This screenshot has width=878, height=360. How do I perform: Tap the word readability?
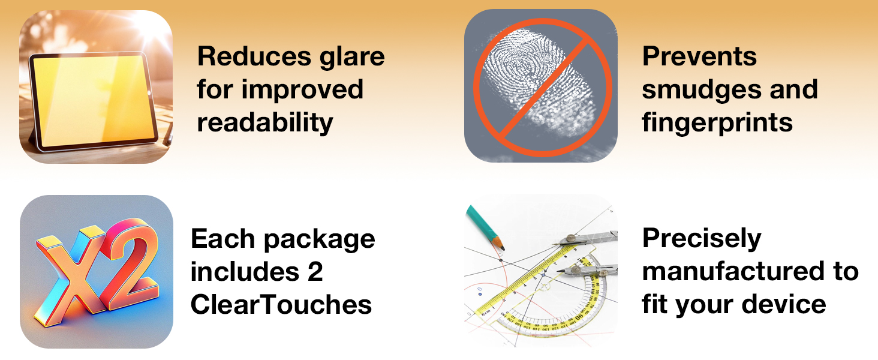pyautogui.click(x=265, y=124)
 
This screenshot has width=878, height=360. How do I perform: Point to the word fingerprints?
pyautogui.click(x=717, y=124)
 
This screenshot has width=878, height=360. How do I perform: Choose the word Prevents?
pyautogui.click(x=699, y=56)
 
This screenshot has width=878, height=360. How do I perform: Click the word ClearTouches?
pyautogui.click(x=281, y=305)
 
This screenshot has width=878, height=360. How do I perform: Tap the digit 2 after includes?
pyautogui.click(x=315, y=272)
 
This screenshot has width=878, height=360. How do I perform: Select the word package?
pyautogui.click(x=320, y=241)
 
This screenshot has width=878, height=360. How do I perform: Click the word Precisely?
pyautogui.click(x=702, y=239)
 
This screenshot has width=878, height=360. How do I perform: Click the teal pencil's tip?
pyautogui.click(x=503, y=248)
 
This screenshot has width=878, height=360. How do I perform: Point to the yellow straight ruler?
pyautogui.click(x=526, y=280)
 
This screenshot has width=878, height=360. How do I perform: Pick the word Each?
pyautogui.click(x=223, y=239)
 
